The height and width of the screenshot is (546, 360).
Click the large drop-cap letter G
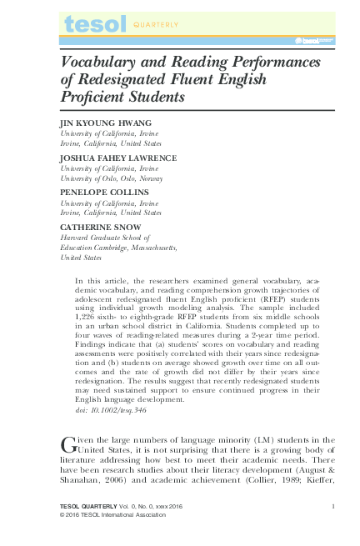pos(70,443)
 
